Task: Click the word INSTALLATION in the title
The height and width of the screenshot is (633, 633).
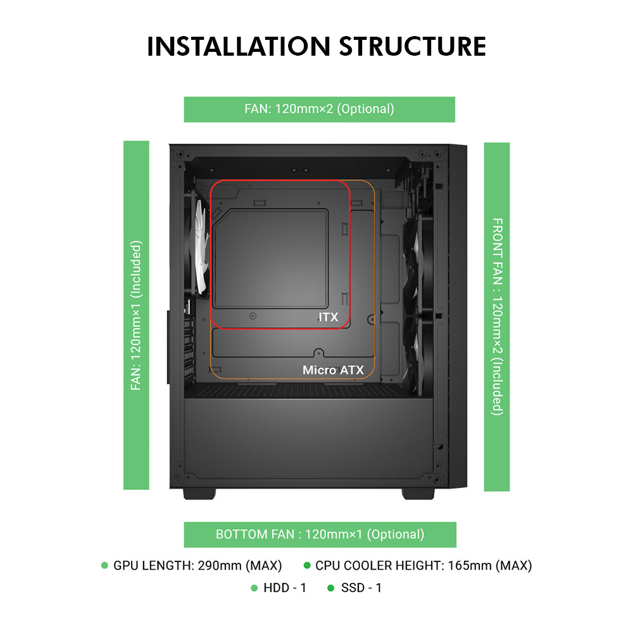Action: [x=239, y=47]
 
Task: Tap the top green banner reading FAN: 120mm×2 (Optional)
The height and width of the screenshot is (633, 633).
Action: [x=319, y=109]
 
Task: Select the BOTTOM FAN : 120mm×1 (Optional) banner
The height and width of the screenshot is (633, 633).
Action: [x=320, y=534]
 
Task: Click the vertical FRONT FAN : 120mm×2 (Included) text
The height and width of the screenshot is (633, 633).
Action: [x=497, y=316]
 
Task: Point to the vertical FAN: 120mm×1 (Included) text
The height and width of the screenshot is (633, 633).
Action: [x=136, y=315]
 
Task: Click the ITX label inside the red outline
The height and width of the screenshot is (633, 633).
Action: [x=328, y=317]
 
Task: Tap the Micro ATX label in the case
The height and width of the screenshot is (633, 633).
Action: [x=333, y=370]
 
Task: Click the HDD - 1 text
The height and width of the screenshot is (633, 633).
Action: [x=285, y=588]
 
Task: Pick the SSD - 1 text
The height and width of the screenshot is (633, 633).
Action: [x=361, y=588]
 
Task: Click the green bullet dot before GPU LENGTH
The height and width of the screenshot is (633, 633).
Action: [x=104, y=565]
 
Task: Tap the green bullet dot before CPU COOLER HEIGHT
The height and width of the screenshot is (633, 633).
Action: [x=307, y=565]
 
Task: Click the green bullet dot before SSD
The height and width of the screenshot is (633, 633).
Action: [x=330, y=588]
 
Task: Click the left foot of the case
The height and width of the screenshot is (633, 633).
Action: [x=201, y=493]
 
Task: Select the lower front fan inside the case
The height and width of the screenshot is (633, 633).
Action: [x=418, y=354]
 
